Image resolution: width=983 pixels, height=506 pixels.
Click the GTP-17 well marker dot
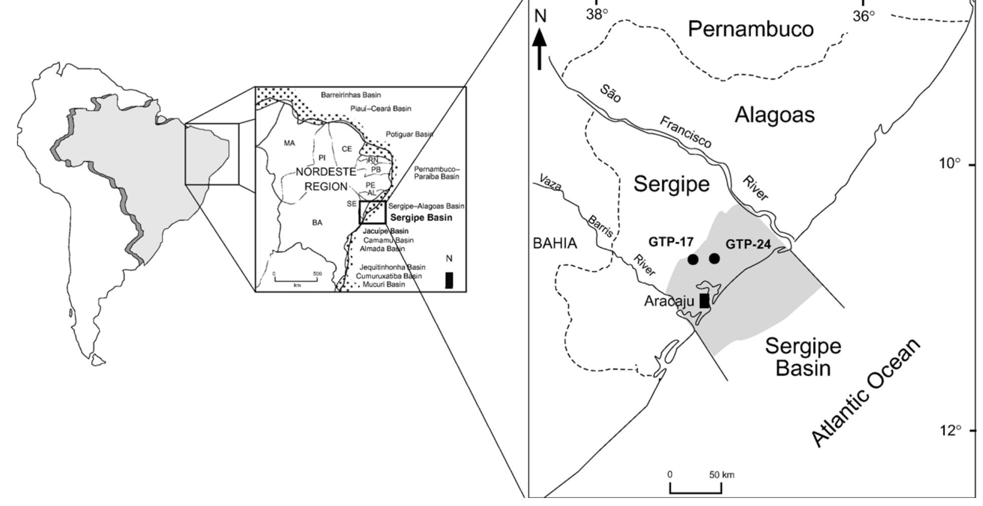(x=692, y=259)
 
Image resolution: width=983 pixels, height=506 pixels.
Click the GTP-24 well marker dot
(x=714, y=259)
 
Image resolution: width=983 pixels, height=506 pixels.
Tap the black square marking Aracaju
(x=704, y=300)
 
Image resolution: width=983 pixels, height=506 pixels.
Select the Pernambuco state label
(x=751, y=29)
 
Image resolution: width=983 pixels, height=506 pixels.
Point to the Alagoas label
(x=775, y=115)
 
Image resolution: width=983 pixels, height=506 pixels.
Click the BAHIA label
(x=555, y=244)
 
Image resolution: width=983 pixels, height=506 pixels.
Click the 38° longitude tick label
(x=597, y=15)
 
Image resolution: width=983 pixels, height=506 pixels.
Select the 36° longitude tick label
(x=863, y=16)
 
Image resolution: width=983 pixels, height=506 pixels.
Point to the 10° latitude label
(x=950, y=164)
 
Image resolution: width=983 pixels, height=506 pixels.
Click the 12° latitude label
(x=950, y=430)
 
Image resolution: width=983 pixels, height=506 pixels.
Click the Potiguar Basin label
(x=409, y=134)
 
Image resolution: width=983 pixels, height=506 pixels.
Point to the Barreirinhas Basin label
(x=351, y=95)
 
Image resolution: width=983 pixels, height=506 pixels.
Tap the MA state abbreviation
(x=290, y=143)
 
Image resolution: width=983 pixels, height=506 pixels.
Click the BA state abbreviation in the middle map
(x=317, y=223)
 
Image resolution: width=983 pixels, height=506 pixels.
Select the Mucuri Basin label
(x=384, y=284)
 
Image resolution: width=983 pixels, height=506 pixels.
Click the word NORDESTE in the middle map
(x=326, y=172)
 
